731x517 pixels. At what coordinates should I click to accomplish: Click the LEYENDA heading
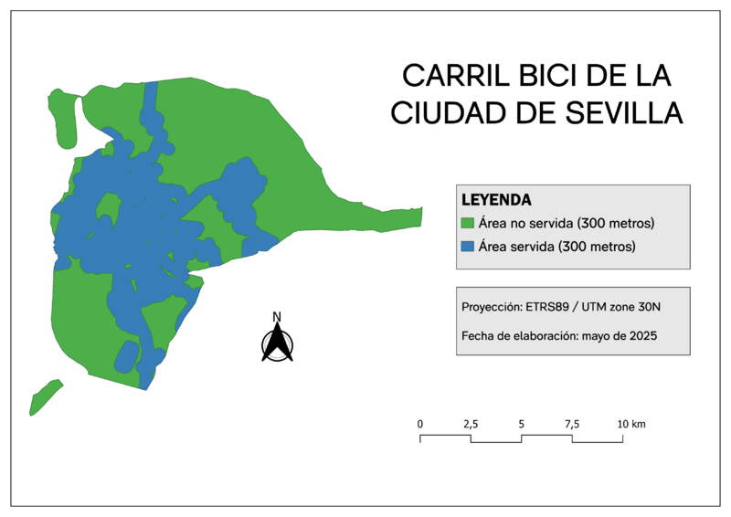tap(497, 199)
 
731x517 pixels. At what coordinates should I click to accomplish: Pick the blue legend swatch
tap(467, 247)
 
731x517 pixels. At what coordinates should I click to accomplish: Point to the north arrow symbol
tap(277, 344)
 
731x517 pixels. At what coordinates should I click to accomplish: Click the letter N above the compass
tap(277, 317)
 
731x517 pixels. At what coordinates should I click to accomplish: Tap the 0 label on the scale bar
tap(420, 424)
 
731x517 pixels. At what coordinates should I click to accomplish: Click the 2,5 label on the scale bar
tap(471, 424)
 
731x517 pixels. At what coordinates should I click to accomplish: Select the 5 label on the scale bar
tap(521, 424)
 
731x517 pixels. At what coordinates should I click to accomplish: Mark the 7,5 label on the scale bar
tap(572, 424)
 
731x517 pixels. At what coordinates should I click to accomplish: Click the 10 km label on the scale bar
tap(631, 424)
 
